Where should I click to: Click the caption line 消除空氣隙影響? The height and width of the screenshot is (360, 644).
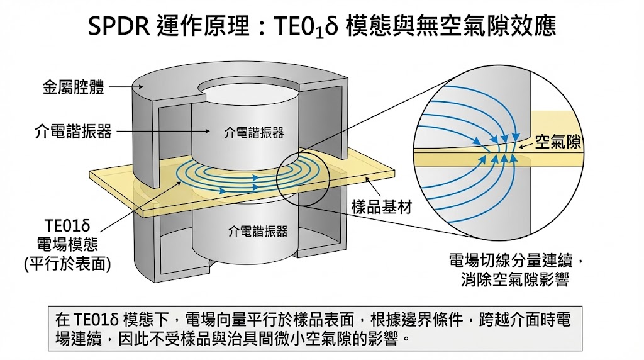[x=515, y=279]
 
